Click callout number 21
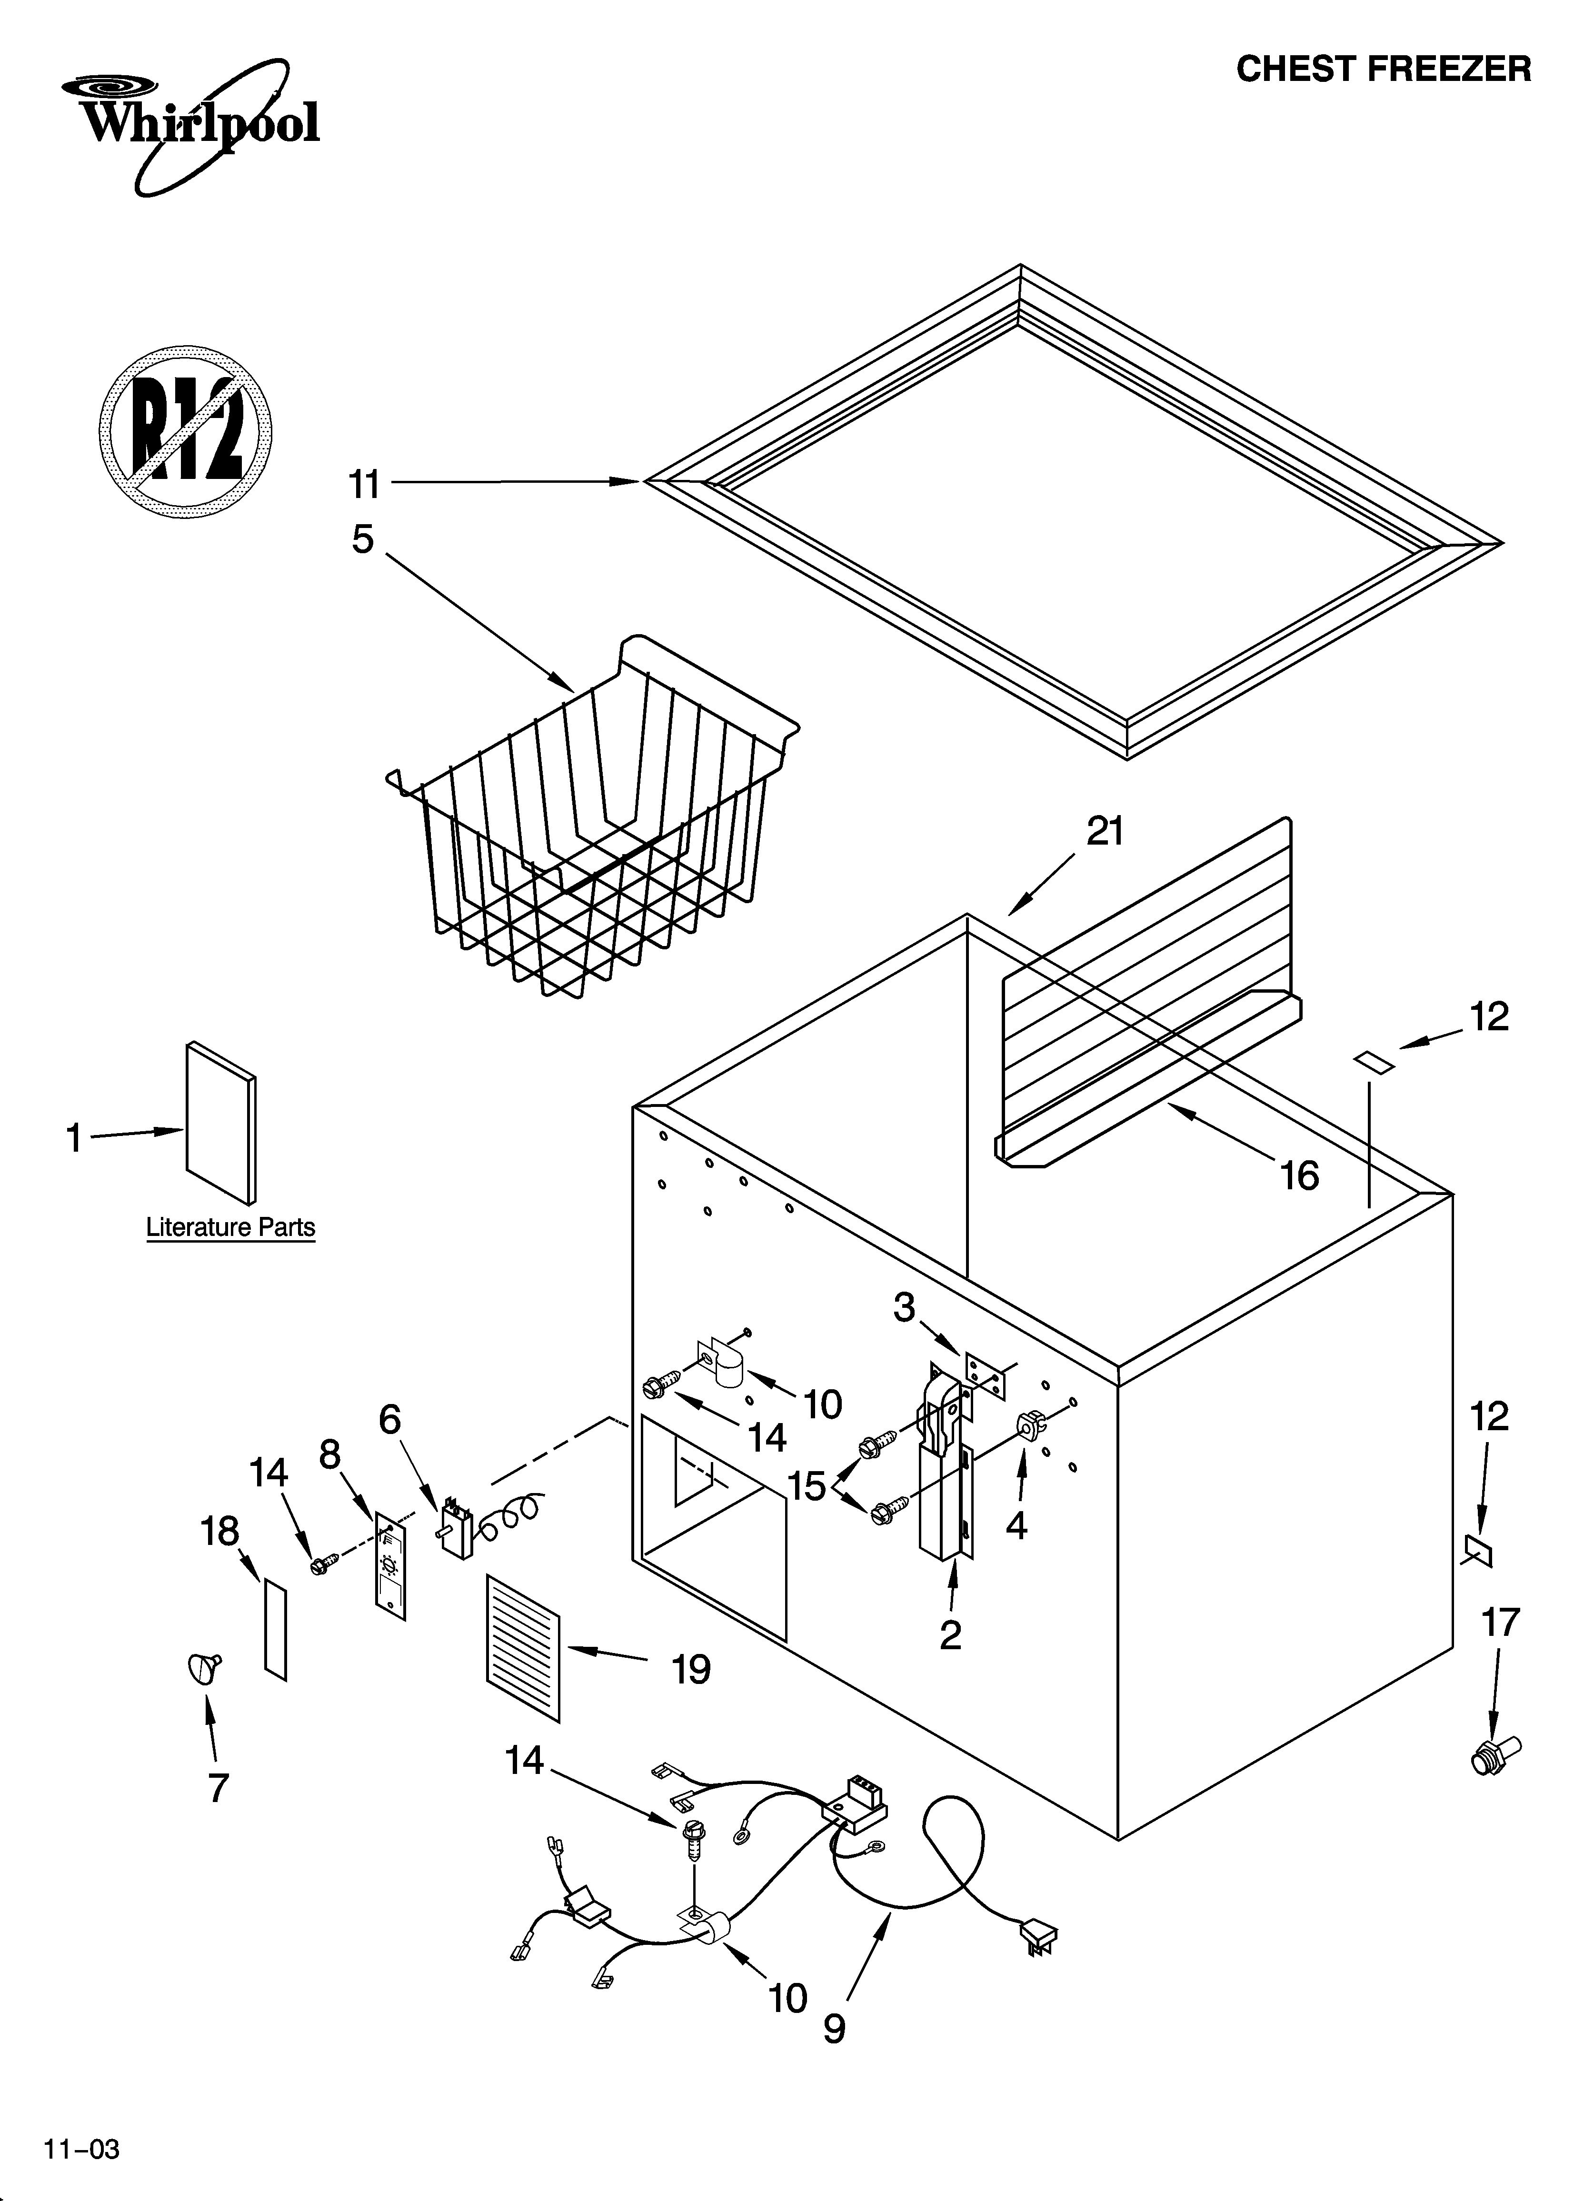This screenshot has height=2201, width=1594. point(1105,832)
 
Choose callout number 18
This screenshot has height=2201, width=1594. point(219,1532)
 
